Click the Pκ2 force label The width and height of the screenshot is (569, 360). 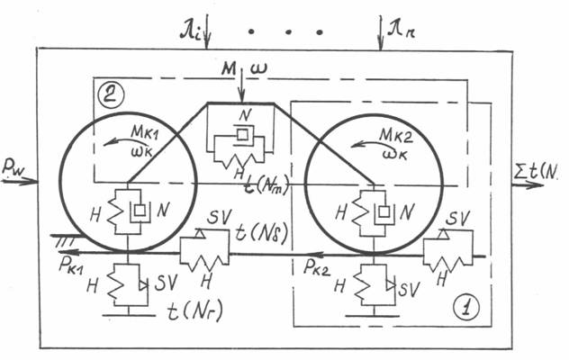pyautogui.click(x=320, y=267)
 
